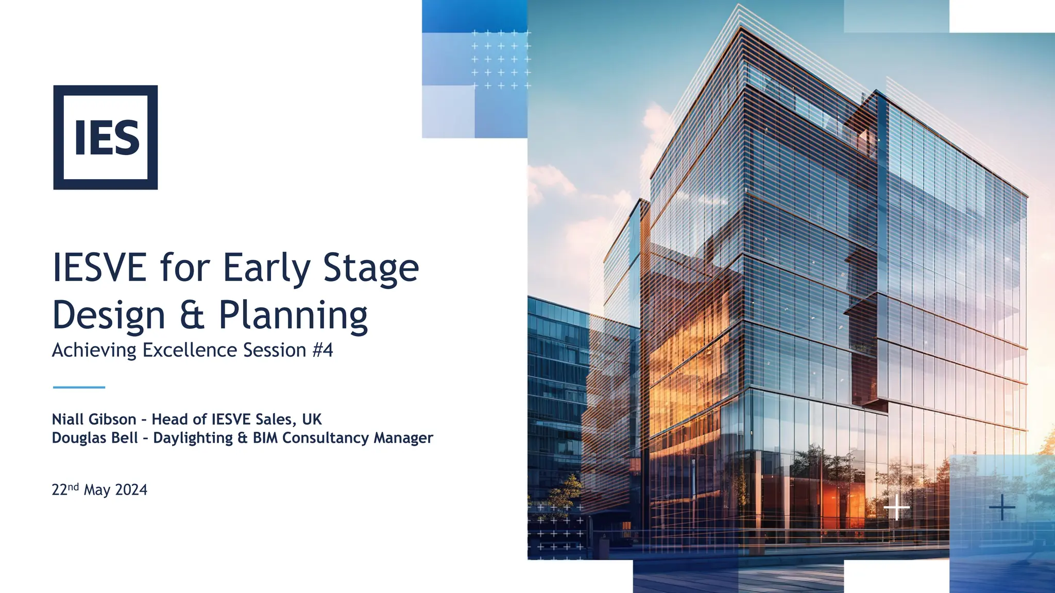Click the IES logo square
[x=105, y=137]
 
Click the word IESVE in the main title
[x=99, y=268]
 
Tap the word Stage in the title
[x=370, y=269]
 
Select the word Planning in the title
[x=293, y=315]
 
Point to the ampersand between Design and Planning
[x=192, y=315]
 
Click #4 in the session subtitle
[x=322, y=350]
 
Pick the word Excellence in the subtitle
[x=191, y=350]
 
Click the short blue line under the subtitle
[x=79, y=387]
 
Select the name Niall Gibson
[x=94, y=420]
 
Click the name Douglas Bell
[x=95, y=438]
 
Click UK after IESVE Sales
[x=312, y=420]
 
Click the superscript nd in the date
[x=73, y=486]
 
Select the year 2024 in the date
[x=131, y=490]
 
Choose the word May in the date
[x=97, y=491]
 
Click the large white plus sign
[x=896, y=508]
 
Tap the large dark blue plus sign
[x=1002, y=508]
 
